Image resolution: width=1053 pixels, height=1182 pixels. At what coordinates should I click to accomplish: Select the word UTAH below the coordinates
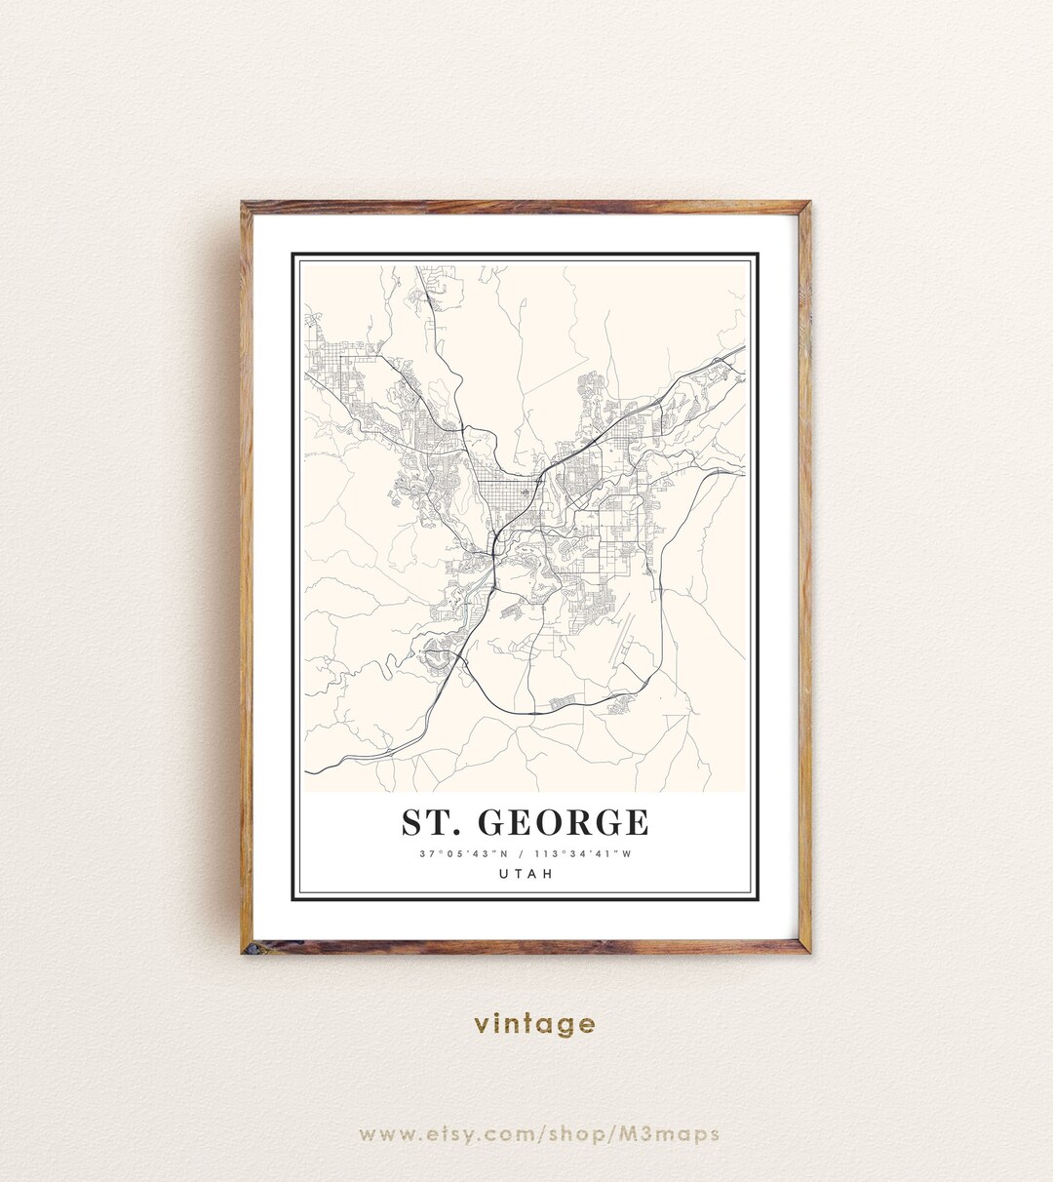coord(526,874)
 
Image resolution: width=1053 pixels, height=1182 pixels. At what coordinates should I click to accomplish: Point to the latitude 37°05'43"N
coord(461,854)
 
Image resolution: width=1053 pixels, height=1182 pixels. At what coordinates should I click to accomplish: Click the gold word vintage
coord(534,1024)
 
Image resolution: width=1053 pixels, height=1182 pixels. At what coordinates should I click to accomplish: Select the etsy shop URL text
coord(539,1134)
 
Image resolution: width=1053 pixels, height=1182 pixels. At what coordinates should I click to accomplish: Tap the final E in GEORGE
coord(637,823)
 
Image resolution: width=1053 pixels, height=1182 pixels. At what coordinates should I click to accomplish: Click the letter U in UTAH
coord(503,874)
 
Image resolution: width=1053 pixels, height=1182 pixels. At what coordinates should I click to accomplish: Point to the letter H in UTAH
coord(548,874)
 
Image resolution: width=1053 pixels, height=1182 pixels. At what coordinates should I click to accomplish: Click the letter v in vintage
coord(481,1025)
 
